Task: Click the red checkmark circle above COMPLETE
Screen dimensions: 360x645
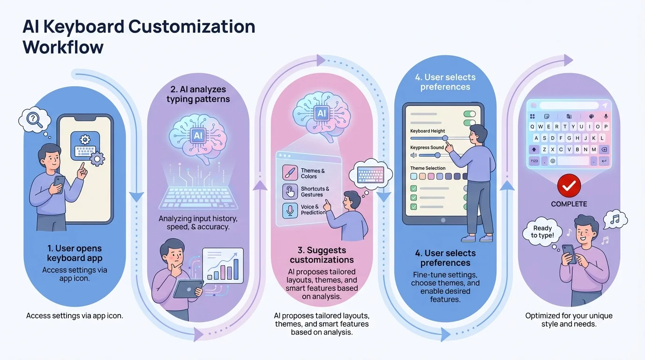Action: tap(569, 187)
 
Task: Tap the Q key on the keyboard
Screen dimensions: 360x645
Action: tap(533, 127)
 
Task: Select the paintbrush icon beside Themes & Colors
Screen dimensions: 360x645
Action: tap(290, 173)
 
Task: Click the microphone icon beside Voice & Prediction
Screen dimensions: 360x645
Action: tap(290, 210)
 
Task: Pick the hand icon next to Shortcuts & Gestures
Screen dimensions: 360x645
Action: tap(290, 191)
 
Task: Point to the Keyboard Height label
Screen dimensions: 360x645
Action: tap(427, 131)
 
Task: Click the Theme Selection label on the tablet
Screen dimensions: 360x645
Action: tap(427, 168)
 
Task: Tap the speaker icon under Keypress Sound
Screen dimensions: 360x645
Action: tap(413, 155)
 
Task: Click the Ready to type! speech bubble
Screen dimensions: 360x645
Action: tap(542, 232)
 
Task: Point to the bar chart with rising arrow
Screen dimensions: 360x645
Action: tap(223, 266)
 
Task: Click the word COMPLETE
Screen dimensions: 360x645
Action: tap(569, 204)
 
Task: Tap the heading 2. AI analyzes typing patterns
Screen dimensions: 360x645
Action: tap(198, 94)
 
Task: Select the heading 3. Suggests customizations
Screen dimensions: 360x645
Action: tap(322, 255)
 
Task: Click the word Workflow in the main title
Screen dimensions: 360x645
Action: tap(63, 47)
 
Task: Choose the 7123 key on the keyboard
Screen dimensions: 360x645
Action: tap(534, 161)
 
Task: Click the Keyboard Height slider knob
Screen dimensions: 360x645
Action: tap(445, 138)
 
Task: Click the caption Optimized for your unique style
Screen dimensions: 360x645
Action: tap(569, 320)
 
